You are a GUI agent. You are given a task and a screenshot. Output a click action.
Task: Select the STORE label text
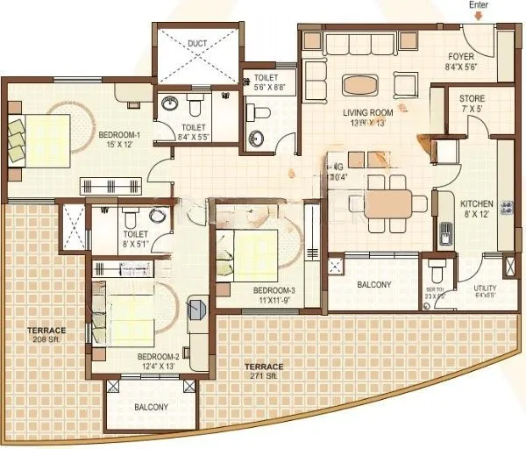click(472, 98)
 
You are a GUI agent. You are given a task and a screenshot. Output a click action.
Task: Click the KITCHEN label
click(476, 200)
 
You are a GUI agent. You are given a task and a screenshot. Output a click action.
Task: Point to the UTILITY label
click(485, 287)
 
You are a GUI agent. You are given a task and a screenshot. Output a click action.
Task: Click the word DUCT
click(197, 43)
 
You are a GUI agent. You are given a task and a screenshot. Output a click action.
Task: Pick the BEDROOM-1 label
click(121, 134)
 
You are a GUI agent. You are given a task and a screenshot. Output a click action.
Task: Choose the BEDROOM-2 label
click(158, 355)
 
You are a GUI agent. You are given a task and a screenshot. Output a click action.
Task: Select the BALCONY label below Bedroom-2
click(151, 408)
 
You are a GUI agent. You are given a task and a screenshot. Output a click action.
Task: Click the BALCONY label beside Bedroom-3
click(374, 285)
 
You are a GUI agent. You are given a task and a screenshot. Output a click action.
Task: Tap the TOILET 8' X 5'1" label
click(135, 239)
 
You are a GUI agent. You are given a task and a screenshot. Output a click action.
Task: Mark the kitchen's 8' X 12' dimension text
click(476, 213)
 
